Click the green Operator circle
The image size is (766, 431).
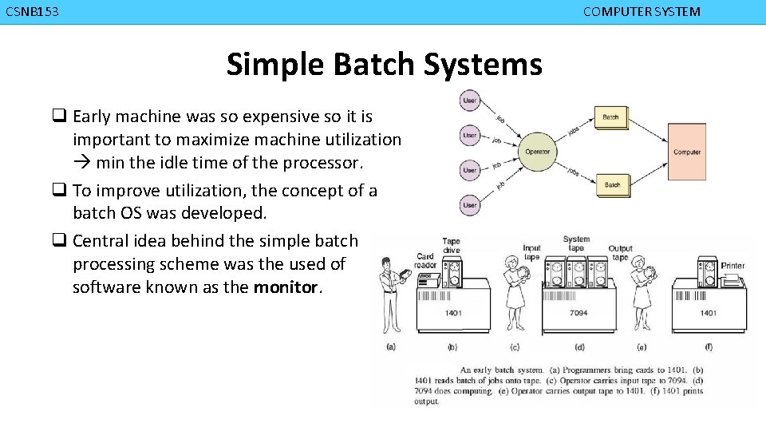pyautogui.click(x=537, y=152)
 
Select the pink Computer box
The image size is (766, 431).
pyautogui.click(x=686, y=152)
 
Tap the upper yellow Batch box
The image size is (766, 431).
pyautogui.click(x=610, y=117)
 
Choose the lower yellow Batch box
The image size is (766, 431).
pyautogui.click(x=611, y=184)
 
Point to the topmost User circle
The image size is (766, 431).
pyautogui.click(x=470, y=101)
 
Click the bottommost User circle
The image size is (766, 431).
pyautogui.click(x=470, y=205)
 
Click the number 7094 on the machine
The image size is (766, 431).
pyautogui.click(x=578, y=313)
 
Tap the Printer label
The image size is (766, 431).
pyautogui.click(x=732, y=266)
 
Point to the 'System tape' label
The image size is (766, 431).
pyautogui.click(x=576, y=243)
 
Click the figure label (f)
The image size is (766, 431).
pyautogui.click(x=709, y=346)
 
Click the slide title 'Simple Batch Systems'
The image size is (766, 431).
pyautogui.click(x=384, y=64)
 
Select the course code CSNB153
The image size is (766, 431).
pyautogui.click(x=32, y=12)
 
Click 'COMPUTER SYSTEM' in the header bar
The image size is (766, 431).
pyautogui.click(x=642, y=12)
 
